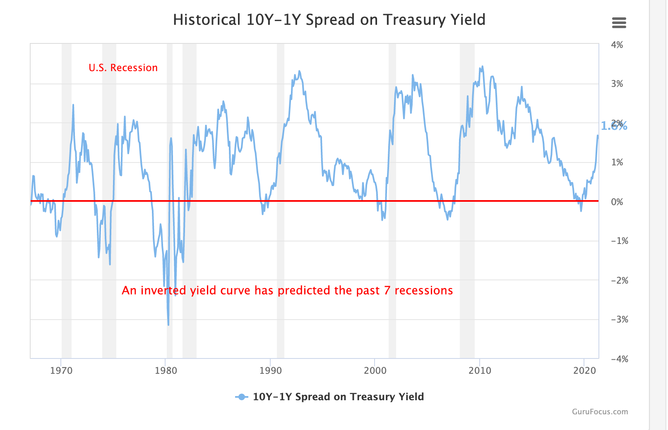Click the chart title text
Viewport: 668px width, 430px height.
(x=329, y=20)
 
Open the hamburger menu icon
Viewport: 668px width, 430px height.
(x=619, y=23)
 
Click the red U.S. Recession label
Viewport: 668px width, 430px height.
(x=123, y=68)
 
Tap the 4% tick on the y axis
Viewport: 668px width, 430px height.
(x=617, y=45)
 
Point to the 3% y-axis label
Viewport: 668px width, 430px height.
(x=617, y=84)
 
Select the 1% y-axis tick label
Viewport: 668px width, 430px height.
(x=617, y=162)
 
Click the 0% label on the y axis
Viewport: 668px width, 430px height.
(x=617, y=202)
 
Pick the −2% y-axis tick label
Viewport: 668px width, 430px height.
(x=619, y=280)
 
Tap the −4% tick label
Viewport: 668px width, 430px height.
(x=619, y=359)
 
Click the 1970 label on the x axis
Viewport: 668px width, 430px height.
(x=61, y=370)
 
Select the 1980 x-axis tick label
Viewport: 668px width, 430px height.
(x=166, y=370)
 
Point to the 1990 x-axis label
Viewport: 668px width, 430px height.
(x=271, y=370)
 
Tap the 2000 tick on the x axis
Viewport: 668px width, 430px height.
(x=375, y=370)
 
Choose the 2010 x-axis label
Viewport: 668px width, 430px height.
(x=480, y=370)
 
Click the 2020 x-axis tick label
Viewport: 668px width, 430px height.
(x=584, y=370)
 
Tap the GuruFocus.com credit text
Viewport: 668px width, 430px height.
(x=600, y=412)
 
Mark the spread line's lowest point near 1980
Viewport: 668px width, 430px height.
(x=168, y=325)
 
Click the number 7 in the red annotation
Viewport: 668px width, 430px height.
(x=387, y=291)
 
